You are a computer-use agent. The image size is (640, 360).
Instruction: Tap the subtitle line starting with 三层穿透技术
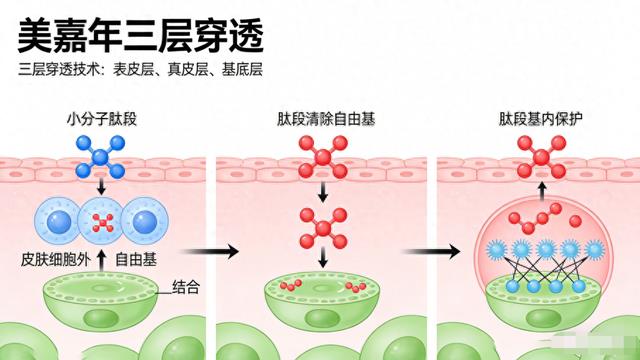click(144, 72)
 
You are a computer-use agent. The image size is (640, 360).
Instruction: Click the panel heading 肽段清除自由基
click(323, 118)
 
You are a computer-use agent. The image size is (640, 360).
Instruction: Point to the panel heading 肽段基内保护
click(540, 118)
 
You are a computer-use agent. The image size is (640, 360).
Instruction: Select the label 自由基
click(136, 258)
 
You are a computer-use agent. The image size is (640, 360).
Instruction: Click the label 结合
click(187, 287)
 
